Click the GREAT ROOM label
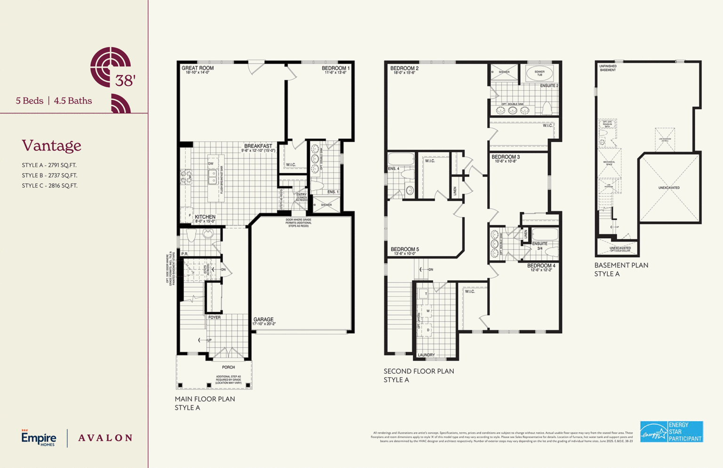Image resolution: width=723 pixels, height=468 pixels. [x=198, y=68]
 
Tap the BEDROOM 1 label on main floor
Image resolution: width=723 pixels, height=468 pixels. [x=336, y=68]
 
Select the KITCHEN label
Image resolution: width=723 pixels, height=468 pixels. [x=205, y=217]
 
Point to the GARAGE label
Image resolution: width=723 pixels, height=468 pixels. [x=263, y=320]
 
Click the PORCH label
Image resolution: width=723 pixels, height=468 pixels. [x=228, y=367]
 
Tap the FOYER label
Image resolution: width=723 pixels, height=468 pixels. [x=214, y=317]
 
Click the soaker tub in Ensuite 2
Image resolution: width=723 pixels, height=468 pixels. [x=539, y=73]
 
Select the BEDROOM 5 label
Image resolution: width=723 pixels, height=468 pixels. [x=404, y=250]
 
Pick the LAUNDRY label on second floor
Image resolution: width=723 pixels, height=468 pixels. [x=426, y=355]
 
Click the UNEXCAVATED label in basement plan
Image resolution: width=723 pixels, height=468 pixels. [x=669, y=188]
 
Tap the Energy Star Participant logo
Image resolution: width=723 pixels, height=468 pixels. [x=671, y=432]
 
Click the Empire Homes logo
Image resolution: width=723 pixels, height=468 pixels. [x=39, y=438]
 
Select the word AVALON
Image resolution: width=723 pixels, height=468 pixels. [x=105, y=438]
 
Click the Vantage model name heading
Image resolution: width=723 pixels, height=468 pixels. [x=51, y=145]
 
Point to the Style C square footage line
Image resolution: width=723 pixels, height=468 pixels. [x=49, y=186]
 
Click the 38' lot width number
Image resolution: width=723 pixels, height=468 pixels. [x=125, y=81]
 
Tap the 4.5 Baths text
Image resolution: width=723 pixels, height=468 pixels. [x=73, y=101]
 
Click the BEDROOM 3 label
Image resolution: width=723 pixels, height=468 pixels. [x=506, y=157]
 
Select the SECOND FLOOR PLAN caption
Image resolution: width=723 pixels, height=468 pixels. [x=418, y=371]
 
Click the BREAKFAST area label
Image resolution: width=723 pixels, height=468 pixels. [x=258, y=146]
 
